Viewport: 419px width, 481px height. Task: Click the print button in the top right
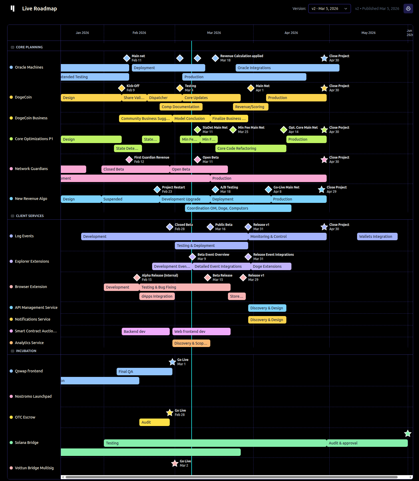click(x=408, y=9)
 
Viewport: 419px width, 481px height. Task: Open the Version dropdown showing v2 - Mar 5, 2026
click(x=329, y=9)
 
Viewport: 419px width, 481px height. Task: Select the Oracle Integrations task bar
click(x=287, y=68)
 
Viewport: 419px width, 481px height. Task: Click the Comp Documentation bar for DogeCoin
click(x=181, y=107)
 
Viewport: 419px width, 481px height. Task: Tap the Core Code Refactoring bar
click(x=251, y=148)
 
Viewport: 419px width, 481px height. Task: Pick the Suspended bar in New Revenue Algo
click(x=130, y=199)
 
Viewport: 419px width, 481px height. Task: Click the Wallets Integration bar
click(x=377, y=236)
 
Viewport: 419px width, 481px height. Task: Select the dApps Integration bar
click(x=157, y=296)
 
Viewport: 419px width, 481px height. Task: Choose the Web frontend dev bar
click(x=201, y=332)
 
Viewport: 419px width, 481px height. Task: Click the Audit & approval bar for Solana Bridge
click(x=367, y=443)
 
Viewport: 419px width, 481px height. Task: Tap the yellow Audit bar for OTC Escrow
click(x=154, y=422)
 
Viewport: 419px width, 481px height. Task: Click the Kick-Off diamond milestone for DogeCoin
click(x=122, y=88)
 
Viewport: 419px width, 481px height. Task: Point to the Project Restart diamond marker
click(x=157, y=190)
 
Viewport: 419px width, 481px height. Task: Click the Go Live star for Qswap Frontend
click(x=172, y=362)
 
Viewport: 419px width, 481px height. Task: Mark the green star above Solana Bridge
click(x=408, y=433)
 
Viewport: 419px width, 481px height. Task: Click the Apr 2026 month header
click(x=291, y=33)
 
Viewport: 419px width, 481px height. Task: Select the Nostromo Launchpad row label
click(x=33, y=396)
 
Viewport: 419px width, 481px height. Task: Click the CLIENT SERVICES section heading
click(x=30, y=216)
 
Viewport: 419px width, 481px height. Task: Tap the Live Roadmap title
click(x=39, y=9)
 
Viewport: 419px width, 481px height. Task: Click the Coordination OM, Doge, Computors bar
click(x=238, y=208)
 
